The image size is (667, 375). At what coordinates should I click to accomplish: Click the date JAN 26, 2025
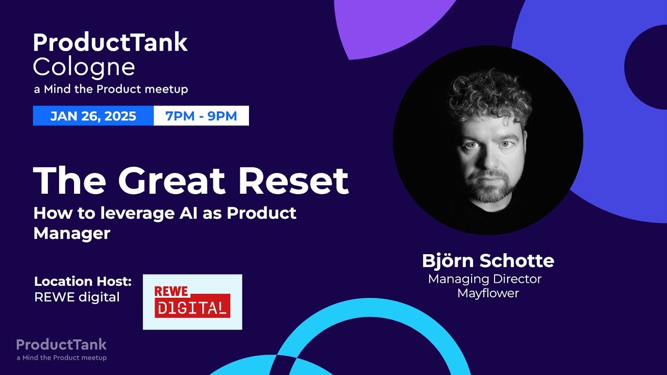click(93, 116)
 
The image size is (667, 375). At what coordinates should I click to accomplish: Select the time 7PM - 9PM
click(201, 116)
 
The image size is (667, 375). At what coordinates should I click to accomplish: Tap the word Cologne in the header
click(84, 67)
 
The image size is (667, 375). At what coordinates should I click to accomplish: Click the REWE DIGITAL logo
click(192, 302)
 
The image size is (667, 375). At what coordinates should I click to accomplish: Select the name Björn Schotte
click(488, 260)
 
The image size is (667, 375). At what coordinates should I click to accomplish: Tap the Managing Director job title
click(485, 279)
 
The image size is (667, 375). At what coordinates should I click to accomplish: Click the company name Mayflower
click(488, 293)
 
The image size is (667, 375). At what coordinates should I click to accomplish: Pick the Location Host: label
click(83, 282)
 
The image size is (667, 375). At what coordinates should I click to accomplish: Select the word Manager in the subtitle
click(72, 233)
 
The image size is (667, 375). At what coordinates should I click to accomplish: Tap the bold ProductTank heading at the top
click(110, 43)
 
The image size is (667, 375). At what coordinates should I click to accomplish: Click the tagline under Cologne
click(110, 90)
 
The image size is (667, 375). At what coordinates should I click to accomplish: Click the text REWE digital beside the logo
click(77, 297)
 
